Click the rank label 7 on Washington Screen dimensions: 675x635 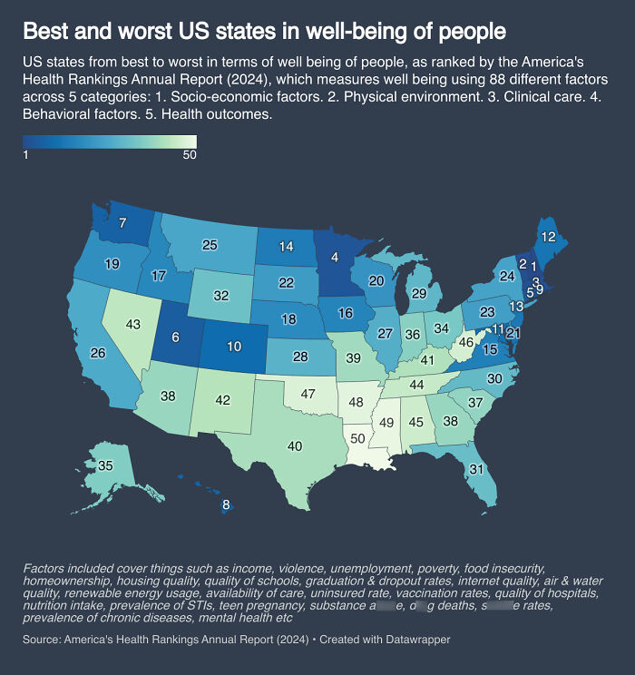tap(122, 223)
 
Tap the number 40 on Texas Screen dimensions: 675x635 tap(295, 445)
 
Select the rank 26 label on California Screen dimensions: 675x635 tap(99, 352)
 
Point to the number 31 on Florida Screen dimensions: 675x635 tap(474, 469)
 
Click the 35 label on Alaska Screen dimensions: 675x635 tap(105, 465)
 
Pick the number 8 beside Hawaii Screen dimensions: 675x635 tap(226, 505)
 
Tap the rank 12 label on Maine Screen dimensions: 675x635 tap(548, 237)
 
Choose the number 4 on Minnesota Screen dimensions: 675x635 tap(335, 258)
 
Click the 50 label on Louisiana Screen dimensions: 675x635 tap(358, 439)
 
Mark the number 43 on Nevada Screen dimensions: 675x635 tap(133, 324)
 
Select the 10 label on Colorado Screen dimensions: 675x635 tap(234, 347)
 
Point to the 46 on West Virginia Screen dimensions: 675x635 tap(466, 343)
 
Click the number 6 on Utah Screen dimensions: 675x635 tap(175, 336)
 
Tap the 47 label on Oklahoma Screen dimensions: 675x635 tap(308, 395)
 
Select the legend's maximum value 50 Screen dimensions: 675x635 tap(190, 154)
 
